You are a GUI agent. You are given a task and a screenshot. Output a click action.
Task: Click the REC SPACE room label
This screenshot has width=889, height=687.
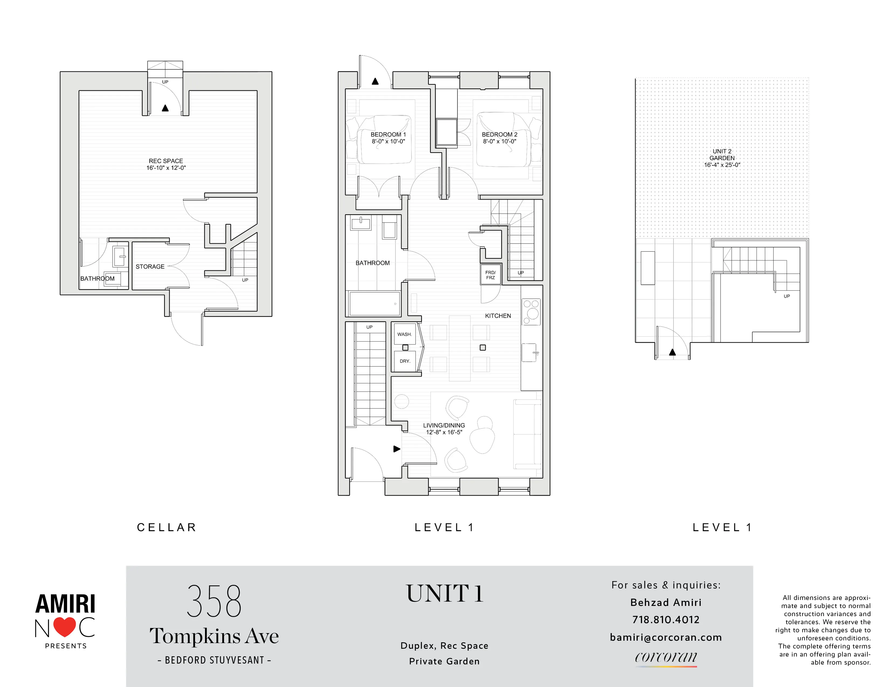pos(166,161)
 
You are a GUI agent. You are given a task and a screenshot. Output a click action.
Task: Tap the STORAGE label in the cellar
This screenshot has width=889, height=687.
pos(150,266)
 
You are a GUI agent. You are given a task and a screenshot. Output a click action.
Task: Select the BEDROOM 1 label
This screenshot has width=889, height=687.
pos(388,134)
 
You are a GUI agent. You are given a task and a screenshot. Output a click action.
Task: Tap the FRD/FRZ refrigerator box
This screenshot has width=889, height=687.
pos(491,275)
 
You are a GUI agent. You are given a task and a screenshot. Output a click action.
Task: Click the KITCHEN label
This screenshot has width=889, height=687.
pos(498,316)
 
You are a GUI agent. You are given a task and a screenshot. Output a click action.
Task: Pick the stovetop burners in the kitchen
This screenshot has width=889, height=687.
pos(531,311)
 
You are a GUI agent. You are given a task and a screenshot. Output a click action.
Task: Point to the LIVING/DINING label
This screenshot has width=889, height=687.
pos(444,425)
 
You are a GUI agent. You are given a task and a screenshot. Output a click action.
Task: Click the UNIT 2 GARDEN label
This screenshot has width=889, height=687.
pos(722,155)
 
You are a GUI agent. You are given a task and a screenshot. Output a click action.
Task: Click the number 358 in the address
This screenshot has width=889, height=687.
pos(214,601)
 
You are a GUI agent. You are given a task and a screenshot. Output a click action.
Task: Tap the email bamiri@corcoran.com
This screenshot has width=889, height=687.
pos(665,637)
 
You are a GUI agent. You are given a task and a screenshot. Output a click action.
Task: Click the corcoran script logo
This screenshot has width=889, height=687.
pos(665,657)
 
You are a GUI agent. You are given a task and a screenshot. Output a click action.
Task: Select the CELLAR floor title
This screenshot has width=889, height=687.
pos(166,528)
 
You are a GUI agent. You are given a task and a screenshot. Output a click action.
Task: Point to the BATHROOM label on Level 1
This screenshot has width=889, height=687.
pos(373,263)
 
